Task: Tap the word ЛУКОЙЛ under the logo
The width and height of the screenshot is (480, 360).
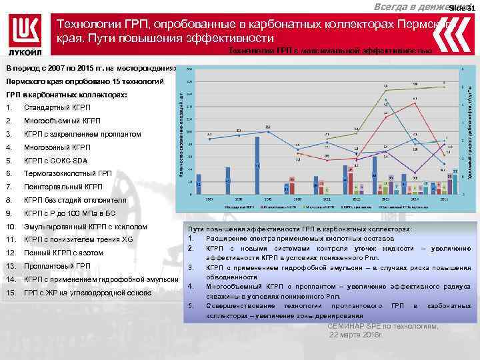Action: click(x=26, y=52)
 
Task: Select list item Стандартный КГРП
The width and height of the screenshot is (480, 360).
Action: click(x=57, y=108)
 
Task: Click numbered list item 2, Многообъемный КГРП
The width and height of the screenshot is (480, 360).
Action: click(x=62, y=121)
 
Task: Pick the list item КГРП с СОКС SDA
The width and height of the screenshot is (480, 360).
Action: click(x=55, y=161)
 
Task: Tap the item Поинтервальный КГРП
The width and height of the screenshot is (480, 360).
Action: click(x=63, y=187)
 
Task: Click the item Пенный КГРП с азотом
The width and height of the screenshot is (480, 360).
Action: click(x=63, y=253)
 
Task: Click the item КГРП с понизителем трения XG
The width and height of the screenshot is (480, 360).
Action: click(x=78, y=239)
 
